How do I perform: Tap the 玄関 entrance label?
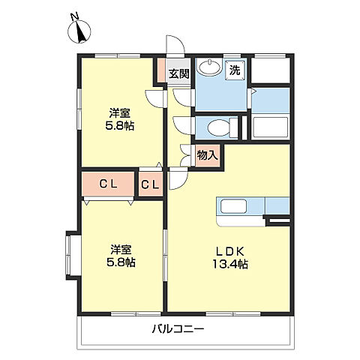[178, 73]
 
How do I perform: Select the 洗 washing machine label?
[235, 70]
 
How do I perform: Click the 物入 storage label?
[206, 154]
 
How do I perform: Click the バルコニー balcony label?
[178, 328]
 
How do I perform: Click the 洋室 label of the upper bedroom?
[120, 112]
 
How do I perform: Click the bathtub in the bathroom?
[271, 126]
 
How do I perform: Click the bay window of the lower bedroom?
[72, 255]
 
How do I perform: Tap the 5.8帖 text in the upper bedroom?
[120, 126]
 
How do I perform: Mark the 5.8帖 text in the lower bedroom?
[120, 264]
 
